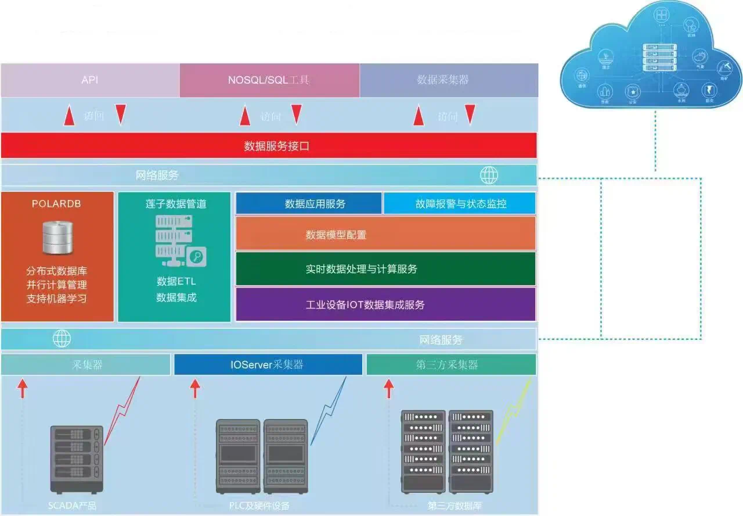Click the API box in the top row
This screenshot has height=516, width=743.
[90, 80]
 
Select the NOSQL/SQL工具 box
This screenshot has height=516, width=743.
[269, 80]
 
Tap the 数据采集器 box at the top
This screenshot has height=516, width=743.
[448, 80]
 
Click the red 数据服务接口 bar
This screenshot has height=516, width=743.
[269, 146]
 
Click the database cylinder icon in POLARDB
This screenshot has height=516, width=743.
[57, 236]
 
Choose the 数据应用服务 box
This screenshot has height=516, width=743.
[308, 203]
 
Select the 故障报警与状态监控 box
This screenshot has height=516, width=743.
[459, 203]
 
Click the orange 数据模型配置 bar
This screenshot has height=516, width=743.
[385, 234]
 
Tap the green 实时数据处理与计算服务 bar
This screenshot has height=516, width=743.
[385, 268]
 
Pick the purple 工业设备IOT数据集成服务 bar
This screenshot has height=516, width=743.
[385, 304]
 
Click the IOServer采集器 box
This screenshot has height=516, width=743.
[268, 364]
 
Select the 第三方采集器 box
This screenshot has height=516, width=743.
[451, 364]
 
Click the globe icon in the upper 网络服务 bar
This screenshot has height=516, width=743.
[489, 175]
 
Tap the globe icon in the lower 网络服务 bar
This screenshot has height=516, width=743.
[62, 338]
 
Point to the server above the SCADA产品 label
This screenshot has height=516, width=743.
[77, 458]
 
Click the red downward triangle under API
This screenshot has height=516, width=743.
[121, 114]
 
